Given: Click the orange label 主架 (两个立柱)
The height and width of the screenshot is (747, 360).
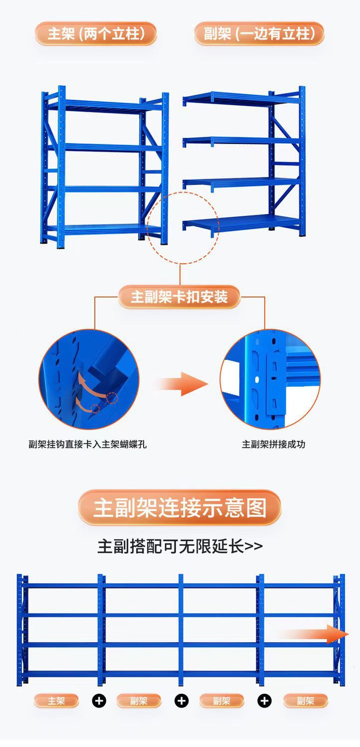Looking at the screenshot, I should point(96,34).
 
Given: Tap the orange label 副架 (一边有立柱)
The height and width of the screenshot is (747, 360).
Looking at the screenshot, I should point(259,34).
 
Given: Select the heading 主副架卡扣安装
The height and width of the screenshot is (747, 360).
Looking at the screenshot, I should point(180,298).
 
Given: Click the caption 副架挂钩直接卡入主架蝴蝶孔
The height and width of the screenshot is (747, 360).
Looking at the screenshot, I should point(88,444).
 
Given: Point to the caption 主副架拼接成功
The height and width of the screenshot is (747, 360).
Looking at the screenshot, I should point(273,444).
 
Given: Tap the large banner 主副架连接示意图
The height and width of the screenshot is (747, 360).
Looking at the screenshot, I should point(180,508).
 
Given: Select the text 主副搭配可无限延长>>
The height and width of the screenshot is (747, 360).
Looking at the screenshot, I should point(180,546).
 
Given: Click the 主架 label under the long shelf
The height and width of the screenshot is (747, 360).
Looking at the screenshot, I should point(56,701).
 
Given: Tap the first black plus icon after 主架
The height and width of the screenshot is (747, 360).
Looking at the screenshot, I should point(99,701).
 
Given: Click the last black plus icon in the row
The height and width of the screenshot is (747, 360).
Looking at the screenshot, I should point(264,701).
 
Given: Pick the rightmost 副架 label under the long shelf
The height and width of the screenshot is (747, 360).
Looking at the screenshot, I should point(305,701).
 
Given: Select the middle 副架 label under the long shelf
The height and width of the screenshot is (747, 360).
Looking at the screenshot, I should point(221,701).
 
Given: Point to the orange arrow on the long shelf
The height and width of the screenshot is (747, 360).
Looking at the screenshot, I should point(314,634).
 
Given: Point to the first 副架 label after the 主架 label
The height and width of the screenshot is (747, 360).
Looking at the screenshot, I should point(139,701).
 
